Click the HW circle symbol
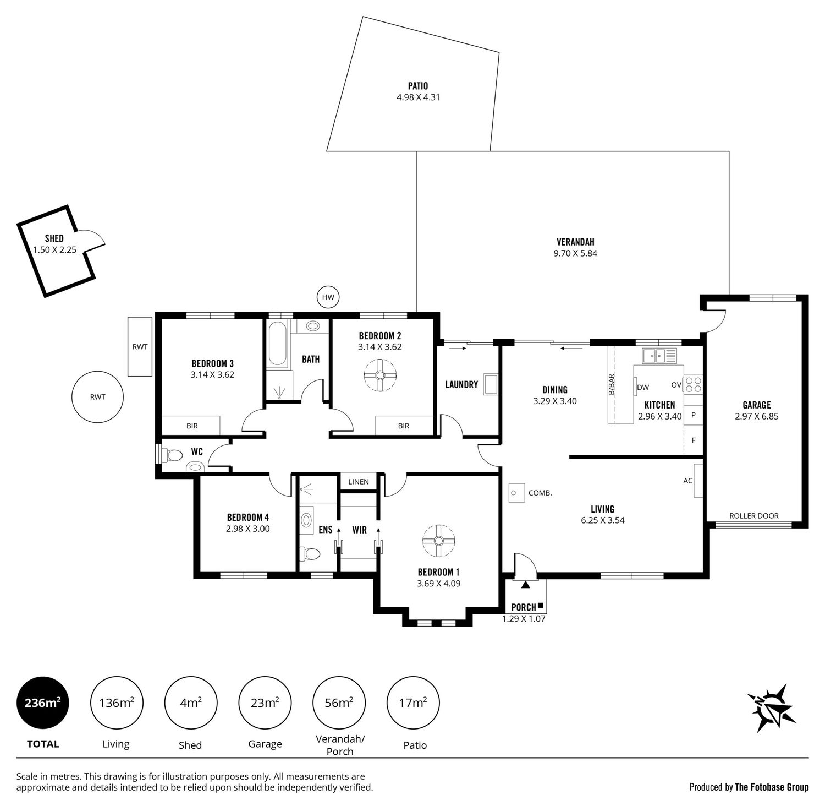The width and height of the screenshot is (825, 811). (328, 297)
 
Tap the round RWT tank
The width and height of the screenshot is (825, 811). (97, 397)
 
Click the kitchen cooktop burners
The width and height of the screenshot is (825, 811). (694, 384)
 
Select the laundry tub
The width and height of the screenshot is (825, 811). (491, 385)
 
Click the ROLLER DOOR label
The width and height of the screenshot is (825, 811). (754, 516)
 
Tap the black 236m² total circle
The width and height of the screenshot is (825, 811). (43, 703)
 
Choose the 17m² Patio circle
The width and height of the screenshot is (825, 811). (414, 703)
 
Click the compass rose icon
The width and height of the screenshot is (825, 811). (771, 708)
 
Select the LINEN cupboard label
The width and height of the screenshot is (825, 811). (359, 482)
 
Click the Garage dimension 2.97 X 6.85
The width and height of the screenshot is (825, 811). (757, 417)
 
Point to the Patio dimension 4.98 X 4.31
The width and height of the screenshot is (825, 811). (418, 97)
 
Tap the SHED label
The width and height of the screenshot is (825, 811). (54, 238)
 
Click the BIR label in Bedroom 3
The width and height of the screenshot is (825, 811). (192, 426)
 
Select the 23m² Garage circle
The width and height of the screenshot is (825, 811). (265, 703)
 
